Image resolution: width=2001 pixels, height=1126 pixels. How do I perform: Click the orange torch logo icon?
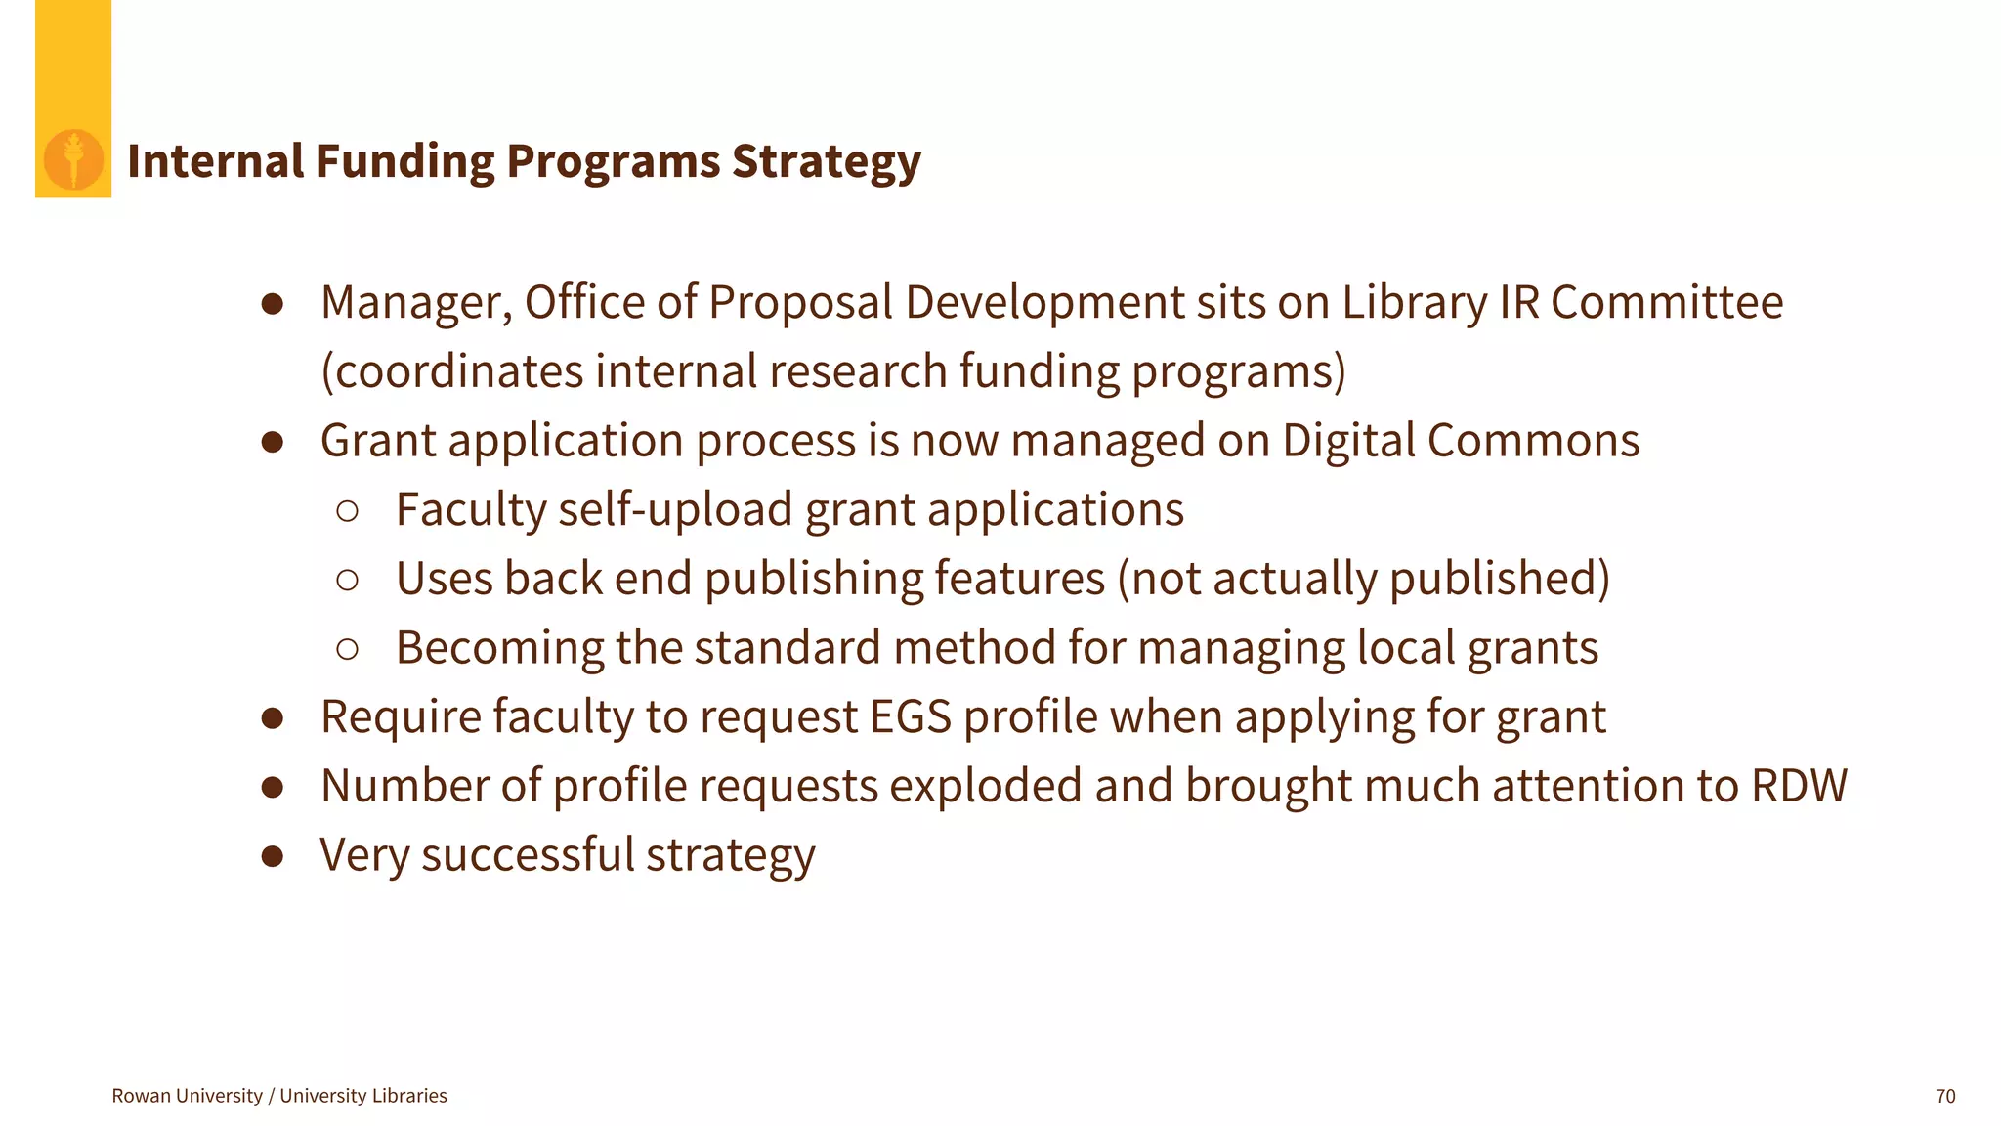click(73, 159)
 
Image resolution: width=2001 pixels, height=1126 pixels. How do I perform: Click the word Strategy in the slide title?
click(826, 161)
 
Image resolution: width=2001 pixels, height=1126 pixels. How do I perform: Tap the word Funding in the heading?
click(404, 161)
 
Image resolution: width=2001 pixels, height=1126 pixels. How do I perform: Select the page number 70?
click(1944, 1096)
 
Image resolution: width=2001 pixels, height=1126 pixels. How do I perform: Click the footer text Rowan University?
click(187, 1096)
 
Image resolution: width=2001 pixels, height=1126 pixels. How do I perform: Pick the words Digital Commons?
click(1461, 441)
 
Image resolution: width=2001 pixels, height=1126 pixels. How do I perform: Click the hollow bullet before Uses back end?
click(347, 580)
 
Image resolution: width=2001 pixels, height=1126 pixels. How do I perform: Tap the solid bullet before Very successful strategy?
click(273, 857)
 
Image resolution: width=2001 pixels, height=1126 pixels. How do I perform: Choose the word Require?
click(401, 717)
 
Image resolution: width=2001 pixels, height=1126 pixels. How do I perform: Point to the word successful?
click(529, 855)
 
